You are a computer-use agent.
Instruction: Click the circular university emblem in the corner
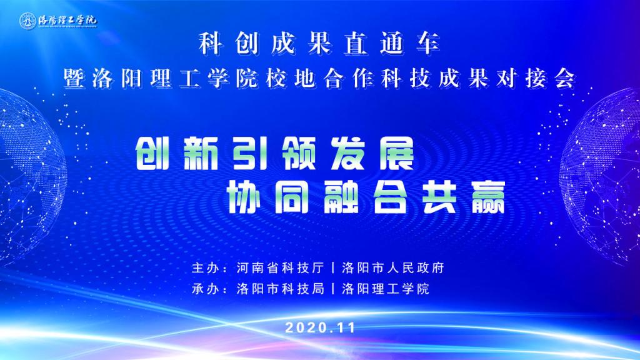click(27, 21)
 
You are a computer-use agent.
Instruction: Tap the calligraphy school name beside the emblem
click(67, 19)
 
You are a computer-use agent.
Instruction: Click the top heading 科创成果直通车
click(319, 43)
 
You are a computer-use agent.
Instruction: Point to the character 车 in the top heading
click(427, 43)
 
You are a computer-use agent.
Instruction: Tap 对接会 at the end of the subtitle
click(536, 77)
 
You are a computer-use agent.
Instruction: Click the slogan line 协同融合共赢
click(366, 197)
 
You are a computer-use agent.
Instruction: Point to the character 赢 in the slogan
click(489, 197)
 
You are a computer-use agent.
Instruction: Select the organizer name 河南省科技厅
click(281, 268)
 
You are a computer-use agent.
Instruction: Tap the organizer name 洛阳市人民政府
click(393, 268)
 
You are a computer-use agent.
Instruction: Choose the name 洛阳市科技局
click(281, 289)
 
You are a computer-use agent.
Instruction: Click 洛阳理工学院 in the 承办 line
click(386, 289)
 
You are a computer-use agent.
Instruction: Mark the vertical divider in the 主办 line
click(334, 268)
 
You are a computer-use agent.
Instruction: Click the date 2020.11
click(321, 327)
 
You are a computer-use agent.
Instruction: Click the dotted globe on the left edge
click(29, 176)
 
